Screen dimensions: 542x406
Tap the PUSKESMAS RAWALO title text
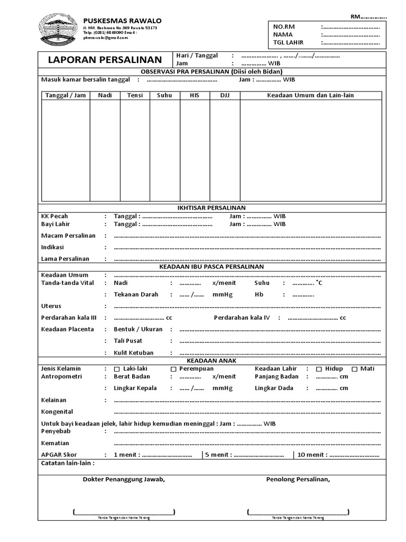point(123,20)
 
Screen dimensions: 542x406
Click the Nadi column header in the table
point(105,95)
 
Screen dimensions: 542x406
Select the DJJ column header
point(225,95)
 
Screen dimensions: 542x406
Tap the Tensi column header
point(135,95)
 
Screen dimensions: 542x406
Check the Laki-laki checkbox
point(117,369)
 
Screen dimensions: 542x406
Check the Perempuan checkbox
point(173,369)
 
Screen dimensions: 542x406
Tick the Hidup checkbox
point(319,369)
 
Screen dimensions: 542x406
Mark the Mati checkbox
point(355,369)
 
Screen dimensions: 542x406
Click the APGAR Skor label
point(59,455)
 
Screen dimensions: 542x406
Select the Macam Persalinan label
point(68,236)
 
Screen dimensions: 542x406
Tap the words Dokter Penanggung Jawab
point(124,480)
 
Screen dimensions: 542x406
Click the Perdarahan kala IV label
point(242,318)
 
